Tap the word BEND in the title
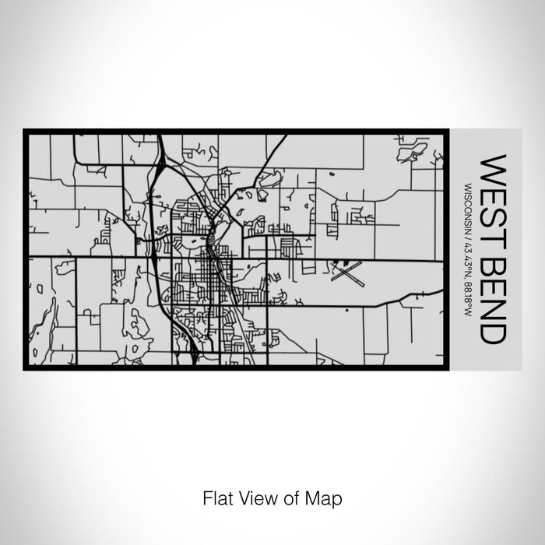pyautogui.click(x=494, y=295)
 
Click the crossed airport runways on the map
pyautogui.click(x=346, y=272)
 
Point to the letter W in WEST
pyautogui.click(x=494, y=167)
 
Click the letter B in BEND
pyautogui.click(x=494, y=260)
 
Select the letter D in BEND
pyautogui.click(x=494, y=332)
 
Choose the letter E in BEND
pyautogui.click(x=494, y=282)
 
